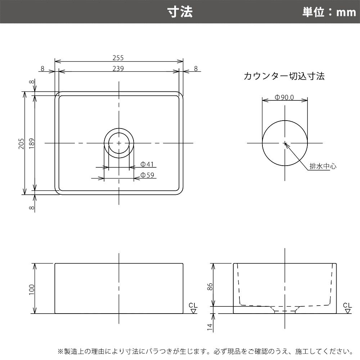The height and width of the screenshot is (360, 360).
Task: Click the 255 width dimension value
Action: [118, 58]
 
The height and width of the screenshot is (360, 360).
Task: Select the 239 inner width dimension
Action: [118, 69]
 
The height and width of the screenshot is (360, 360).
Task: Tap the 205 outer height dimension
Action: [22, 143]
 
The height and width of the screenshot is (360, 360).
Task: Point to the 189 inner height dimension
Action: [32, 143]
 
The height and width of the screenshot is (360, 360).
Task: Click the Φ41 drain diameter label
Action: [147, 165]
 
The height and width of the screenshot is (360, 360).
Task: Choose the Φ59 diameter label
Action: [147, 175]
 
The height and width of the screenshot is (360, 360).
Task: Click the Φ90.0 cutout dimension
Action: [284, 98]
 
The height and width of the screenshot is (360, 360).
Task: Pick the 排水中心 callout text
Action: [323, 166]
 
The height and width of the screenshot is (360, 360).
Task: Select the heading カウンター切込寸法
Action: [284, 76]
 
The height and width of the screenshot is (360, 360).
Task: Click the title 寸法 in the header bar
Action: [180, 12]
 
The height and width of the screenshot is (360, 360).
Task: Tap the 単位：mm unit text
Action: [329, 12]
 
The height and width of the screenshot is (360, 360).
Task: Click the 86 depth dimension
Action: [210, 287]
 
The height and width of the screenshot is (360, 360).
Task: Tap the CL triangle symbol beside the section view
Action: [348, 311]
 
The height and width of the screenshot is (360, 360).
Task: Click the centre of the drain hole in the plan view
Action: [119, 143]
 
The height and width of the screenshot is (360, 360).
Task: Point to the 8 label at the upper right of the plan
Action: [195, 69]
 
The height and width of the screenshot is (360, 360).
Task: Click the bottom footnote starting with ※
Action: [205, 351]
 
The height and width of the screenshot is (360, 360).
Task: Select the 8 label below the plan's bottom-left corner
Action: [32, 208]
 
